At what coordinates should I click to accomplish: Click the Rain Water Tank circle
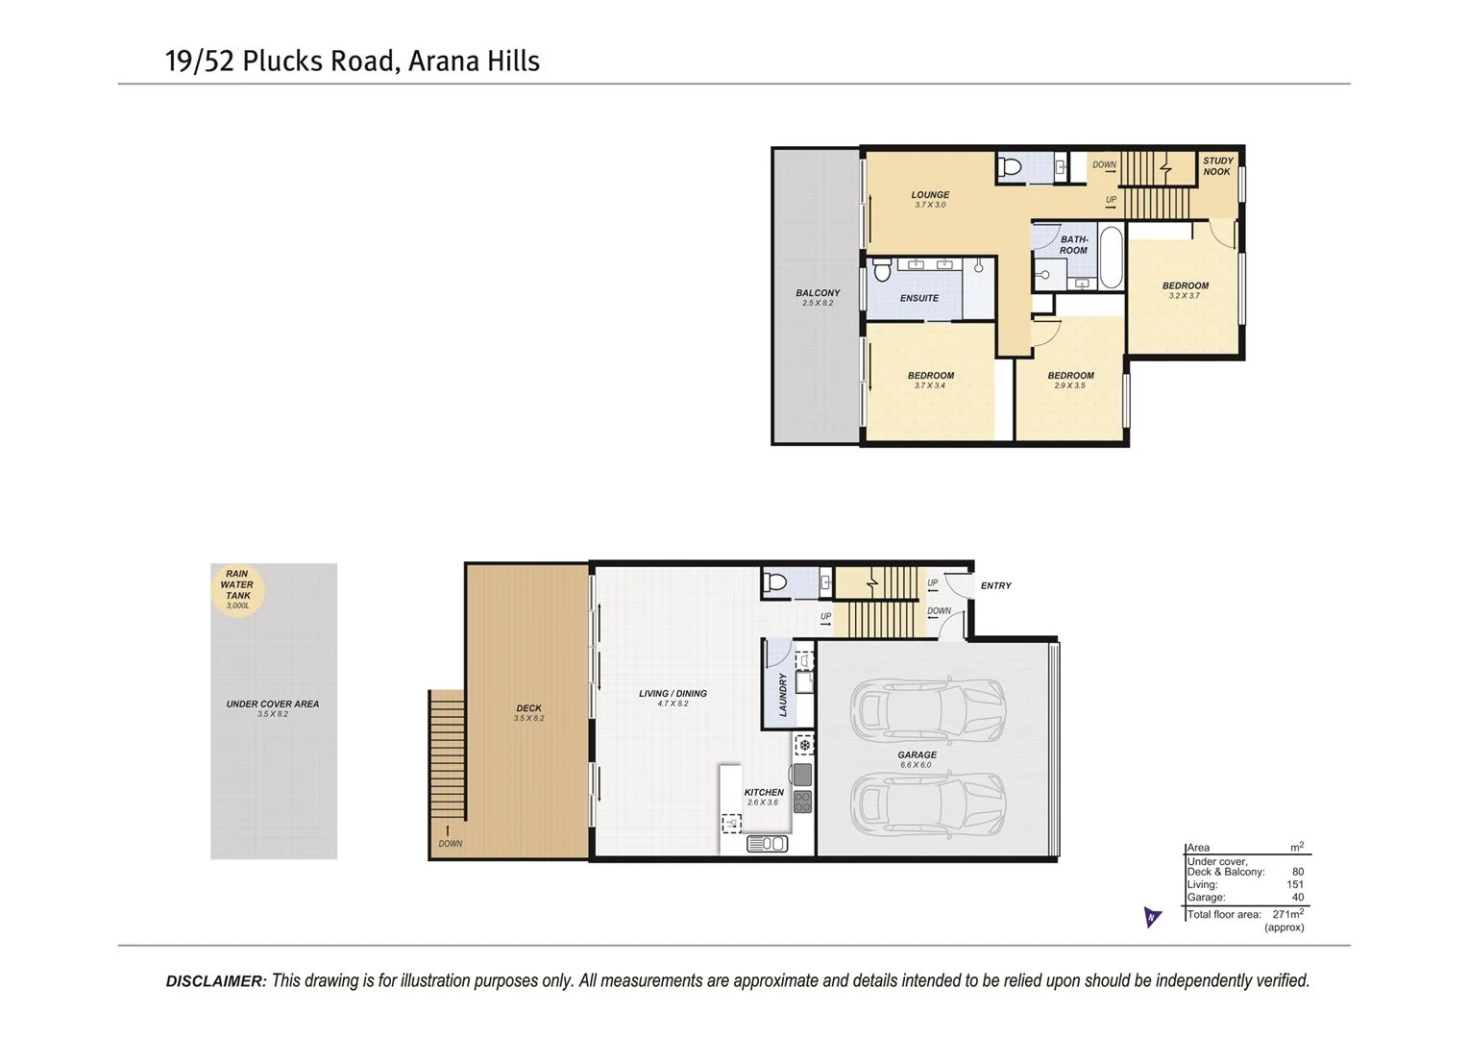237,589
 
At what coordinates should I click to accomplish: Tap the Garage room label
917,754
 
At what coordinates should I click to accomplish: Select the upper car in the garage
927,709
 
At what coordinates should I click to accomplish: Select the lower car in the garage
927,804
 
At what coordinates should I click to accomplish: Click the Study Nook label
1217,166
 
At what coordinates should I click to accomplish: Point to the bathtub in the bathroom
1110,257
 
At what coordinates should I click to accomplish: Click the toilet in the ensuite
883,270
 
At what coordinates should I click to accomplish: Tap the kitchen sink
767,844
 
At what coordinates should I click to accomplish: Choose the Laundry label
783,694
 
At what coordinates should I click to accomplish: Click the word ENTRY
995,585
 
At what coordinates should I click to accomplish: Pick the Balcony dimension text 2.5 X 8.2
818,304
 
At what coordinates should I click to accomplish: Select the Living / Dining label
673,693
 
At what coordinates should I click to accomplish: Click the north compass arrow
1152,916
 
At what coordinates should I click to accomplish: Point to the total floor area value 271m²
1287,914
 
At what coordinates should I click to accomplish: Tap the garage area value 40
1297,897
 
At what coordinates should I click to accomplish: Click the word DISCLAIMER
215,981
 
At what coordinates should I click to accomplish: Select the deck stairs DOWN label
450,844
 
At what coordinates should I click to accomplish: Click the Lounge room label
930,194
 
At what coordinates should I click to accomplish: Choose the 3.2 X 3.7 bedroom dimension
1185,296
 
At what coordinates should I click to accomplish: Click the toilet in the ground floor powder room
775,581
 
